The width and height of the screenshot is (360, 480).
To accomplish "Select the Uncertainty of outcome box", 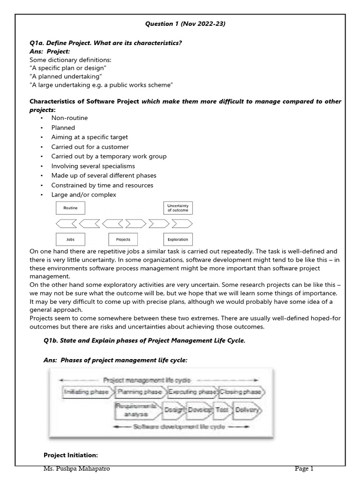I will [x=178, y=208].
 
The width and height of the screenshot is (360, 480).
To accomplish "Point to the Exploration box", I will [x=178, y=239].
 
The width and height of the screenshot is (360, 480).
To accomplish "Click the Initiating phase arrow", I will [x=86, y=391].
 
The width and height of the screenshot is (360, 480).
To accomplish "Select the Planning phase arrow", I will [x=140, y=391].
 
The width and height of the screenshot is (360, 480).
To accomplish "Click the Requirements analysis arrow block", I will [x=136, y=410].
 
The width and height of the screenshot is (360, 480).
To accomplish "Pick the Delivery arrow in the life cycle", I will [x=246, y=410].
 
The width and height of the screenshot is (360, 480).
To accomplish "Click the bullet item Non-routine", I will [x=70, y=118].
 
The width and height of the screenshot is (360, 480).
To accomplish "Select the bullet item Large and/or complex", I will [x=84, y=195].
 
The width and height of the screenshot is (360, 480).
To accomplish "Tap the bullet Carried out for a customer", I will [x=90, y=147].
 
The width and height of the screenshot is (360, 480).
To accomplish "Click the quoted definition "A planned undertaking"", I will [x=66, y=76].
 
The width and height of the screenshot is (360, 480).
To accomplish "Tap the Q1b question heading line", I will [x=144, y=340].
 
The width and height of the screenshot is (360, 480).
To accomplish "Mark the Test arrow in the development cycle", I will [x=221, y=410].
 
